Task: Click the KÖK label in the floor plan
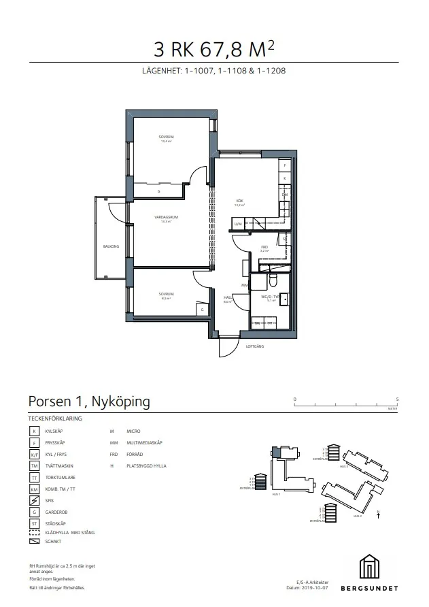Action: (x=239, y=201)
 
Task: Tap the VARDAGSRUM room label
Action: (x=165, y=218)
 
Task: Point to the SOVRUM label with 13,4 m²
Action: (x=165, y=138)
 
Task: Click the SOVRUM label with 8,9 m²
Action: (x=165, y=295)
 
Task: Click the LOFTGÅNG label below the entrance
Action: (x=254, y=346)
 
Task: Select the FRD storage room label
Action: (x=265, y=248)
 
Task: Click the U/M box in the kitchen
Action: (x=238, y=223)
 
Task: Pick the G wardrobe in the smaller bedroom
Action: (x=202, y=310)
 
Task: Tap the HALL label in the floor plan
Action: (x=228, y=298)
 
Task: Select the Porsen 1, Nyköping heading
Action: (x=89, y=401)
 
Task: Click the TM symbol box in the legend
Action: (x=33, y=465)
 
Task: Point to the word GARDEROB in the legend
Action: (x=55, y=512)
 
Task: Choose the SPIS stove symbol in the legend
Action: (x=33, y=500)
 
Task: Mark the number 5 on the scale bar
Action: (x=397, y=399)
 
